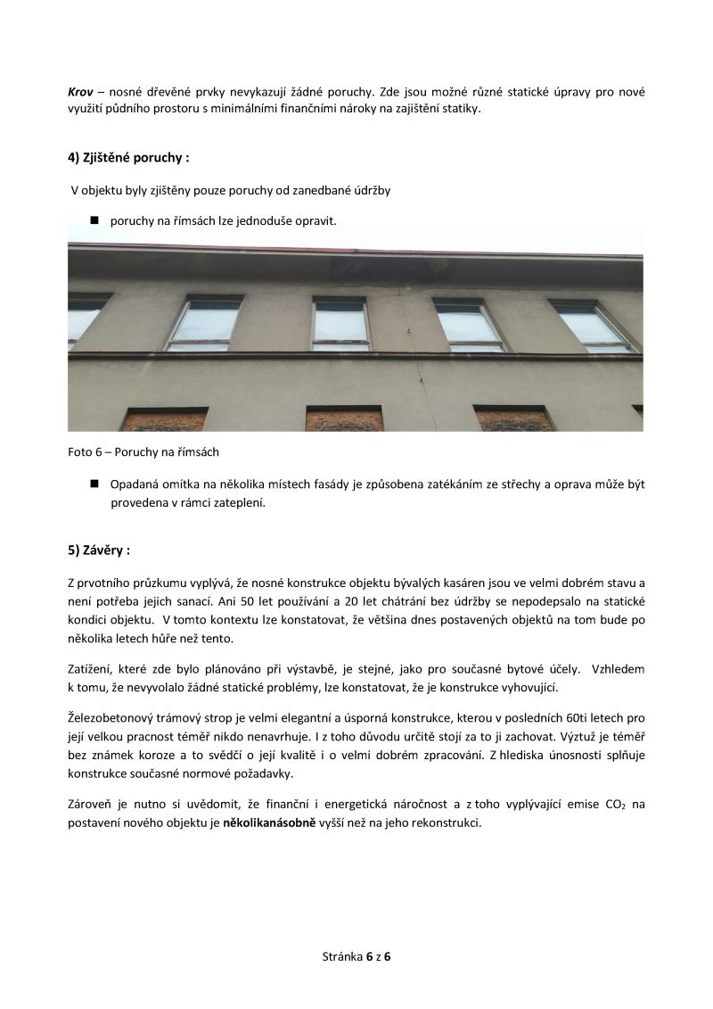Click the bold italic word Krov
click(x=80, y=92)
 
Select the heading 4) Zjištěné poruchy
click(x=128, y=158)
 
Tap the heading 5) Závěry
click(x=99, y=550)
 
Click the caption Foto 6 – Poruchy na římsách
click(x=143, y=452)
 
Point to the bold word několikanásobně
click(x=269, y=823)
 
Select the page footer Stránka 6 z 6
click(x=356, y=956)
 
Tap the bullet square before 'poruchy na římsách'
click(x=93, y=219)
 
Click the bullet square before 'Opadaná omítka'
click(x=93, y=484)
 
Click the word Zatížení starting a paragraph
click(x=91, y=669)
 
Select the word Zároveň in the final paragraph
click(x=90, y=805)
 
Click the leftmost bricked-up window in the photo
click(x=163, y=419)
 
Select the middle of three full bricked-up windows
click(x=345, y=418)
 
